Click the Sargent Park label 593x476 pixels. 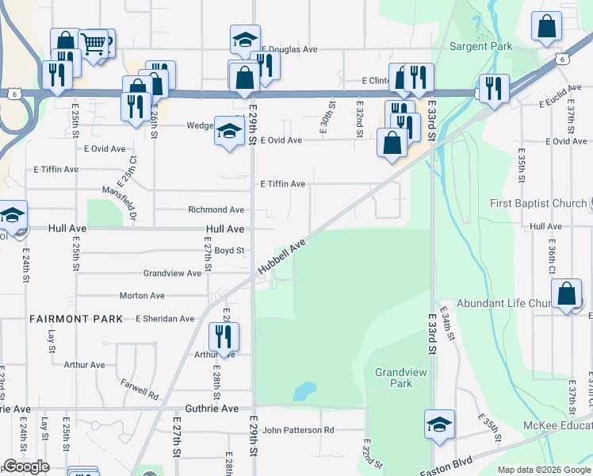(481, 46)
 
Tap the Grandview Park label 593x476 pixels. (394, 377)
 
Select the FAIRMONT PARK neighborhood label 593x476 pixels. (76, 319)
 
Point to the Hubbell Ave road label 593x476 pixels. (281, 259)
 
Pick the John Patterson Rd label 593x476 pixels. (298, 430)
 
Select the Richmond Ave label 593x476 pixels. (216, 210)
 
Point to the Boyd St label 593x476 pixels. (229, 251)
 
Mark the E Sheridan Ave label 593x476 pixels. (165, 319)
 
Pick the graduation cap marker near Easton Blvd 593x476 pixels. (439, 424)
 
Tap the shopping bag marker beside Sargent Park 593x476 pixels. (547, 26)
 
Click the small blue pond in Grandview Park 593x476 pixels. (303, 391)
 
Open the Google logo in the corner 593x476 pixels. (26, 466)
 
